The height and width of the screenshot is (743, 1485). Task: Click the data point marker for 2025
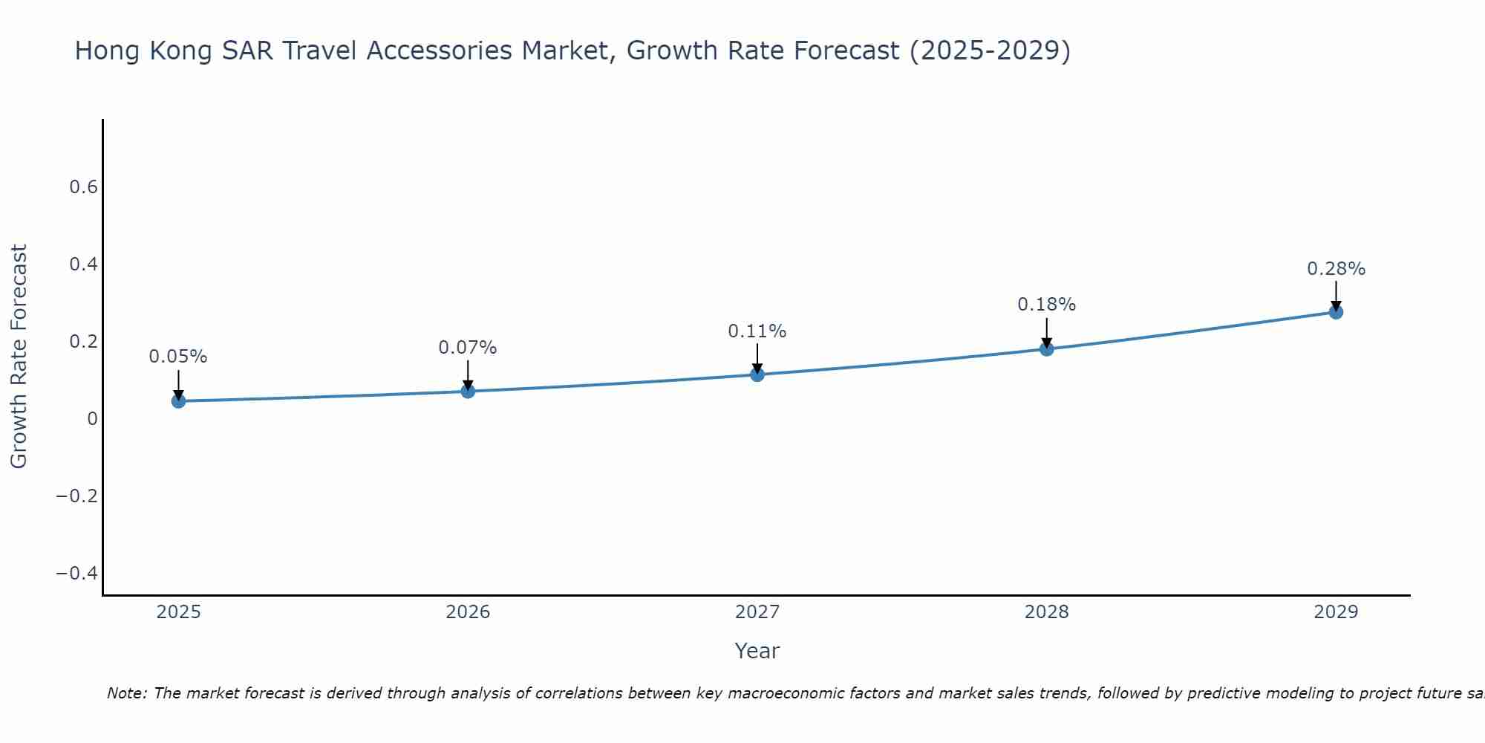pos(178,401)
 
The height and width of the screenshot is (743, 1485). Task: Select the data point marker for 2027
pos(757,374)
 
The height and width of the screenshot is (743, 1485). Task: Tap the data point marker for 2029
pos(1336,312)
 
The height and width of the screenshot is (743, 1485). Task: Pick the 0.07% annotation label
pos(468,348)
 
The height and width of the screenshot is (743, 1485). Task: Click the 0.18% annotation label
pos(1046,305)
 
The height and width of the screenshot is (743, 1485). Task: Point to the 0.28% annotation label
pos(1336,269)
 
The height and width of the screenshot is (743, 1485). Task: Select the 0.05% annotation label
pos(178,357)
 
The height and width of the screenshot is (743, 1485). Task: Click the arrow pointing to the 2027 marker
pos(757,358)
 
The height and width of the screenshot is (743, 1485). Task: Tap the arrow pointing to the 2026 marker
pos(468,374)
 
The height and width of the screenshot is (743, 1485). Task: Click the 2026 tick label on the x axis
pos(468,612)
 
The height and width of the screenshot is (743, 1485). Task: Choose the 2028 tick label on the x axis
pos(1046,612)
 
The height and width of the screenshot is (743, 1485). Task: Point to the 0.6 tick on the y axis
pos(84,187)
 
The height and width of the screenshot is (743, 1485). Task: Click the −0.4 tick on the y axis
pos(77,574)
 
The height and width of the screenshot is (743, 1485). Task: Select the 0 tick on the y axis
pos(93,419)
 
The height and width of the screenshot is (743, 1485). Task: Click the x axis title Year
pos(757,652)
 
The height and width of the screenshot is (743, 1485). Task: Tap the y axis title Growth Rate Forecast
pos(19,357)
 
